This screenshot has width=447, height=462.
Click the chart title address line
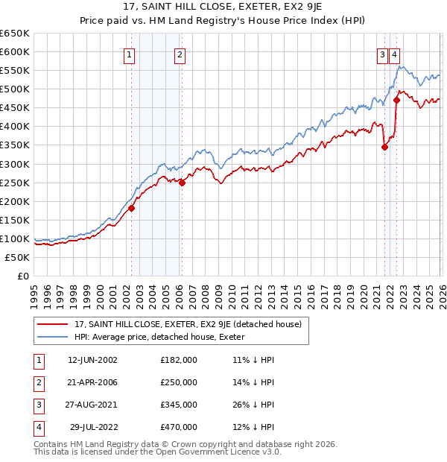tap(223, 9)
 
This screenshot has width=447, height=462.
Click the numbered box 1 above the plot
tap(130, 54)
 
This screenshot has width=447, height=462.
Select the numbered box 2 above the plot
tap(180, 54)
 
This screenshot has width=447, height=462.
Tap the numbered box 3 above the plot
tap(382, 54)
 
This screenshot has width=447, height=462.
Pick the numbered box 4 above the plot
tap(394, 54)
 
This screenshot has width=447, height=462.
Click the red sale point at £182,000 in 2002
tap(131, 208)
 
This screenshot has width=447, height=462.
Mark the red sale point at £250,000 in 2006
tap(182, 183)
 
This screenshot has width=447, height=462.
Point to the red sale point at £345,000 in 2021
tap(385, 147)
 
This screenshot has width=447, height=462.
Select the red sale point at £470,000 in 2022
tap(397, 100)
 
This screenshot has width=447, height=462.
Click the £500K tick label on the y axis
tap(15, 89)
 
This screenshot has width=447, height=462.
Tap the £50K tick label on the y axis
tap(17, 257)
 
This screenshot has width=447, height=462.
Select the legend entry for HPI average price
tap(164, 338)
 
